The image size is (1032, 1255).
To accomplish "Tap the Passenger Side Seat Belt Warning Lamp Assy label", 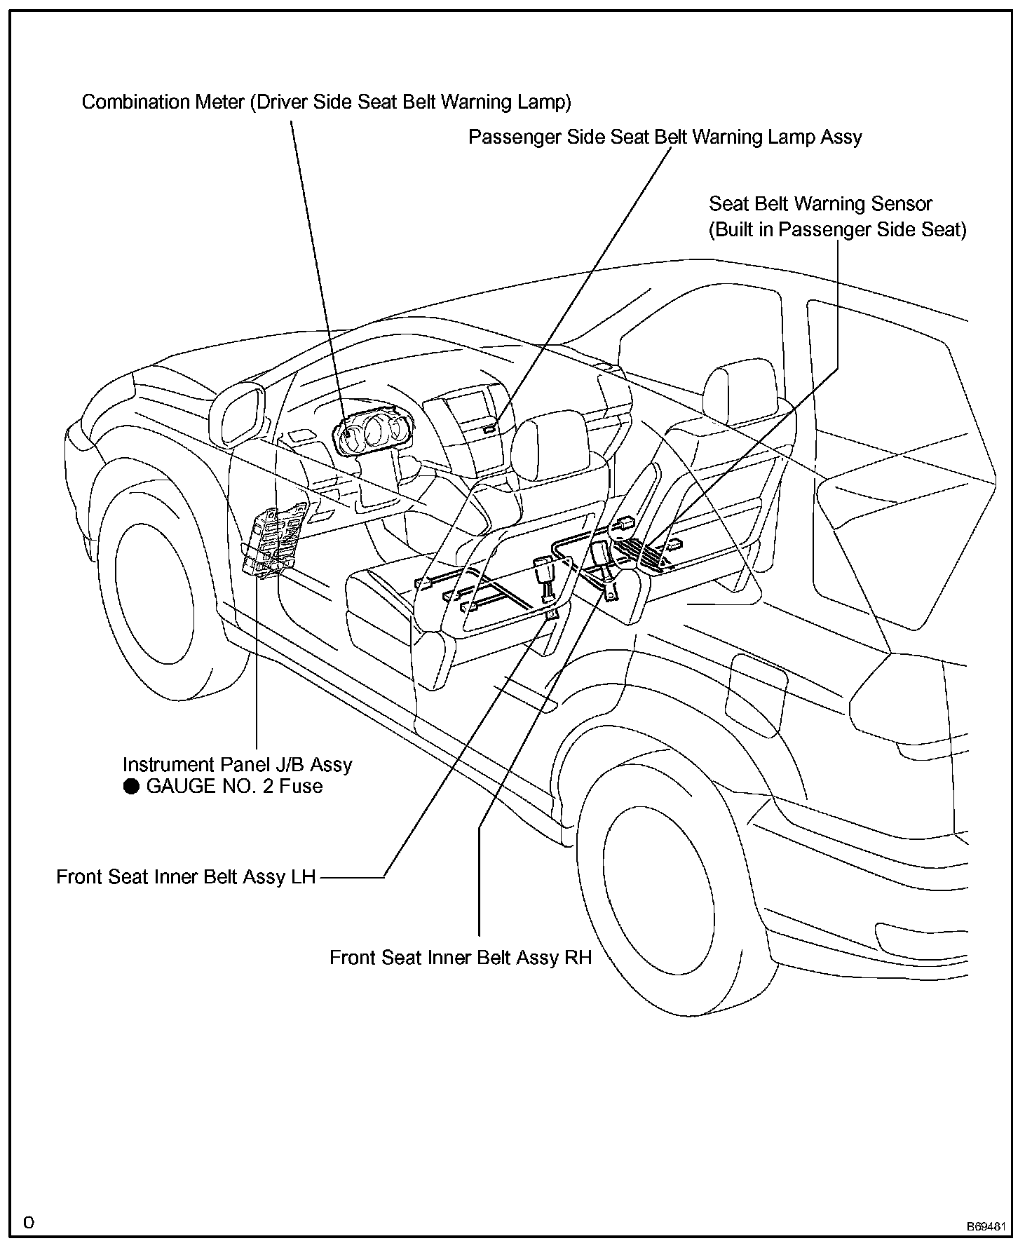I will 665,137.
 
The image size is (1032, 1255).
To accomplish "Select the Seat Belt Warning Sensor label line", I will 820,204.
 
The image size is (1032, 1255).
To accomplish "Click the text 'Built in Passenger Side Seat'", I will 838,230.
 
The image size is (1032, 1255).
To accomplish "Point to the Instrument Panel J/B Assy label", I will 237,764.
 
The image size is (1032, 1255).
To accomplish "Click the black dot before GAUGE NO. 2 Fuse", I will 131,787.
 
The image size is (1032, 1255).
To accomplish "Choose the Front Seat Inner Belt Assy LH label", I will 186,877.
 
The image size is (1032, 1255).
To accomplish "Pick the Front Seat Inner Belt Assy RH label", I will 461,958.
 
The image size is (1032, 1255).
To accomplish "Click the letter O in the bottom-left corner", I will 29,1223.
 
